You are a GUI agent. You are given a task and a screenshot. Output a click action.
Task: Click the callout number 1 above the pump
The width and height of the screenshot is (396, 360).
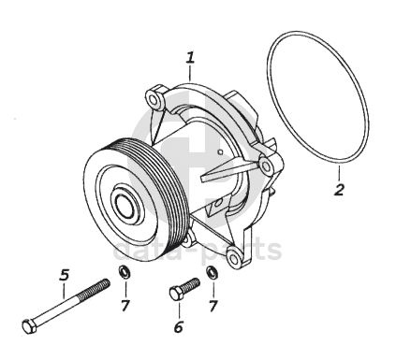[x=191, y=58]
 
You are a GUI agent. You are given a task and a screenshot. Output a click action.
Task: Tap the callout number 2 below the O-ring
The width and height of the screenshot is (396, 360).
[x=339, y=190]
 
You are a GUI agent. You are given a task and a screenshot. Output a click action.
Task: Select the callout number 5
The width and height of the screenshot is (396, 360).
[x=65, y=275]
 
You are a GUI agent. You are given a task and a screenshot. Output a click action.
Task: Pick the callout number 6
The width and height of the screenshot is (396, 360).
[x=178, y=327]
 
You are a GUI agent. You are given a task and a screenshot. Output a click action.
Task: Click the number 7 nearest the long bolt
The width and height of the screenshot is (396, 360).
[x=125, y=306]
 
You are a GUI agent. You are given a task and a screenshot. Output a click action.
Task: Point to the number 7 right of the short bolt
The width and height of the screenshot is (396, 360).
[x=213, y=306]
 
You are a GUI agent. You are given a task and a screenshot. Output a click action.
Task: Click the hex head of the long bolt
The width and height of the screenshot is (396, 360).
[x=30, y=326]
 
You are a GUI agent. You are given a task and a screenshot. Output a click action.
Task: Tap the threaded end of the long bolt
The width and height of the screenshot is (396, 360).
[x=96, y=289]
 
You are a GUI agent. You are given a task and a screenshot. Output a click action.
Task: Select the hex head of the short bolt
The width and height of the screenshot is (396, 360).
[x=176, y=294]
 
